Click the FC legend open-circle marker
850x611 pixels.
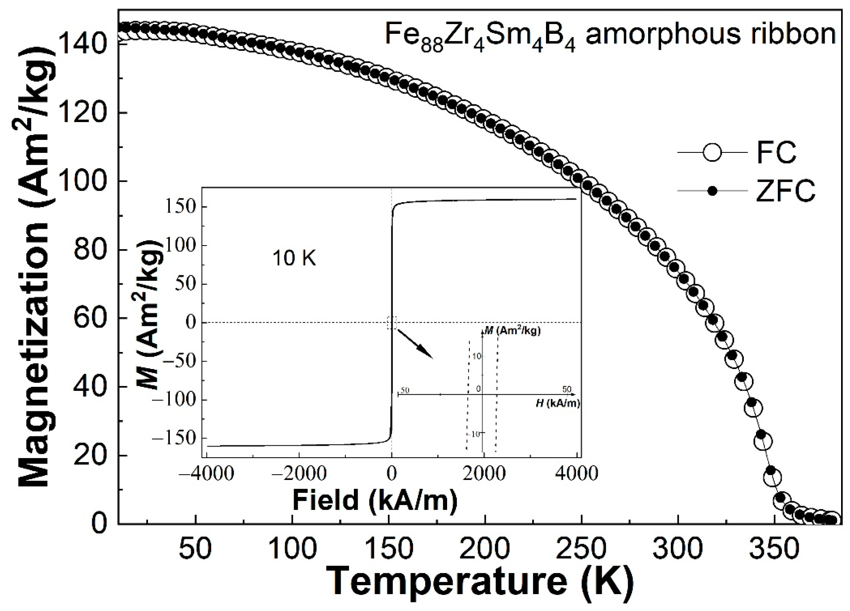tap(712, 153)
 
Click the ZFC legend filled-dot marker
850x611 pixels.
tap(712, 191)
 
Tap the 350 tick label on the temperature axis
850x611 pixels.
tap(774, 549)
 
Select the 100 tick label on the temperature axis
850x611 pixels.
tap(292, 549)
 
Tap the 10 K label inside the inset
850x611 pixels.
tap(294, 258)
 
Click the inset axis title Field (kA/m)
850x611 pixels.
tap(375, 500)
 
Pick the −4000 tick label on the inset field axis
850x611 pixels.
tap(206, 473)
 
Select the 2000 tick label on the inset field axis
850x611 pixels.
tap(484, 473)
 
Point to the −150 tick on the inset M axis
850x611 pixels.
tap(175, 438)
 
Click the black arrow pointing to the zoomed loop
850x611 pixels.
tap(415, 344)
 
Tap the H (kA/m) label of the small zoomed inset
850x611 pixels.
tap(558, 404)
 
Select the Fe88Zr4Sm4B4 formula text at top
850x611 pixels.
tap(480, 36)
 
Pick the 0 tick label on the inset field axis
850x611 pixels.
tap(391, 473)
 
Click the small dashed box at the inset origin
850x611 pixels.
tap(391, 322)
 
